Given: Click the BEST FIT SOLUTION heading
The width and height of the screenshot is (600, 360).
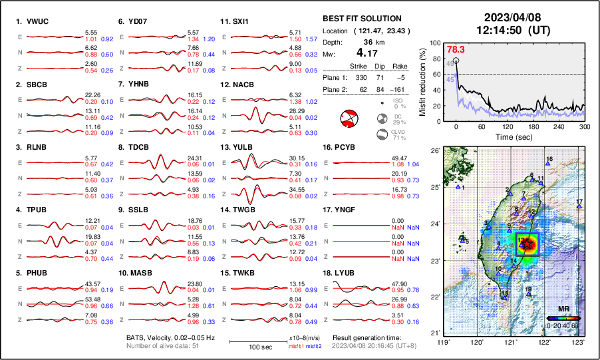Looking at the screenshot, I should click(362, 19).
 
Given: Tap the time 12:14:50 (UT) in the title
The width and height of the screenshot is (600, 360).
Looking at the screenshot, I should click(508, 30).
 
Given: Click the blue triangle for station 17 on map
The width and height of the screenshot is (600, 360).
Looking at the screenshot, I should click(579, 207).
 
